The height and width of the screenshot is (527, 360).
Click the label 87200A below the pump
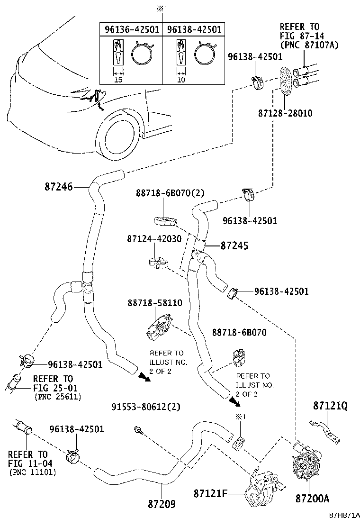coord(312,499)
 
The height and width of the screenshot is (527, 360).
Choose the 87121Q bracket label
coord(330,406)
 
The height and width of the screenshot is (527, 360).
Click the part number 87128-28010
coord(286,113)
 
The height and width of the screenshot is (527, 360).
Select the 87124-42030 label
coord(154,239)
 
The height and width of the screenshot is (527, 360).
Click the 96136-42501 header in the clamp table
coord(131,29)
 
